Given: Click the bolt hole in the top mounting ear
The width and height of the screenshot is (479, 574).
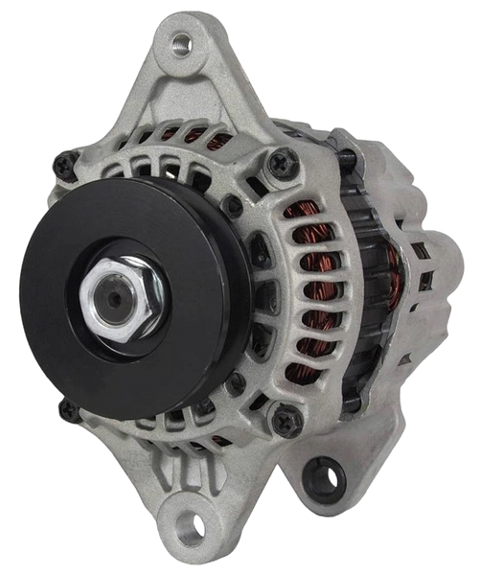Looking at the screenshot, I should [181, 41].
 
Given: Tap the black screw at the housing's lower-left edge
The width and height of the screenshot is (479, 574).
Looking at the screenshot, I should [66, 412].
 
